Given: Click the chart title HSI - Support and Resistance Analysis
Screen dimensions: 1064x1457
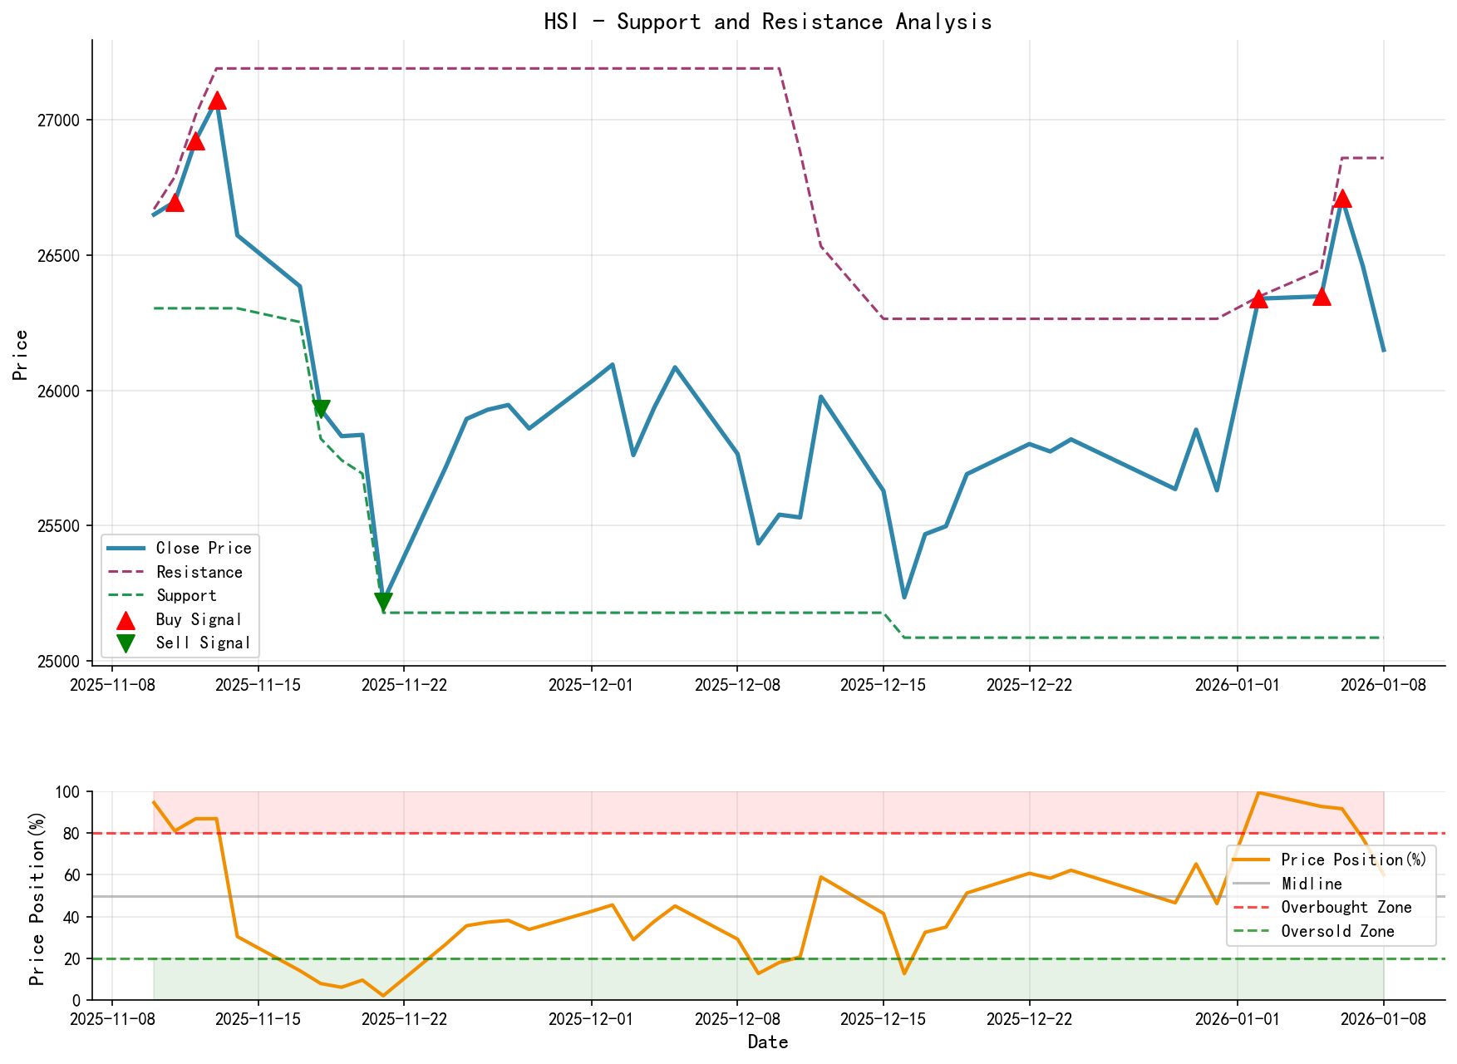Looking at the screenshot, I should (x=767, y=22).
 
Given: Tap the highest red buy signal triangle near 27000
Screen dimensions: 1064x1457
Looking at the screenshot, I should (x=217, y=101).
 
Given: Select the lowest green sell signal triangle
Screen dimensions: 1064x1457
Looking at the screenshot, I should (x=383, y=602).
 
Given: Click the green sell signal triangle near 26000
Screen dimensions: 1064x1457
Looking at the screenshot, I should (x=321, y=408).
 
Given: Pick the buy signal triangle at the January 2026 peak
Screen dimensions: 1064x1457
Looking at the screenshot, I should (x=1341, y=199).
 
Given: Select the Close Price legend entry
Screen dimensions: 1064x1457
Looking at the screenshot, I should (x=203, y=549).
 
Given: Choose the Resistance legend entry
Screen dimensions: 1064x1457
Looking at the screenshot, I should (x=199, y=573).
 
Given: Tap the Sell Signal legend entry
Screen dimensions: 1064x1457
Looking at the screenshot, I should (x=203, y=643).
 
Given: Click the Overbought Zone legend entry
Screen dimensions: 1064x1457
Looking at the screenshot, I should (x=1346, y=908).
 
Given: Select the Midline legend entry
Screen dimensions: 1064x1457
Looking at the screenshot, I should (x=1312, y=884).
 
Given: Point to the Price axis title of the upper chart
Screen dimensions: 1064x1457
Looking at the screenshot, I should (x=21, y=355).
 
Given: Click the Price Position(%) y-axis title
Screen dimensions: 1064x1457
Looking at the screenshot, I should (x=37, y=895).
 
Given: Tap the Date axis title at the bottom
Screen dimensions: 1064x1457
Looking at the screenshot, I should (x=767, y=1042).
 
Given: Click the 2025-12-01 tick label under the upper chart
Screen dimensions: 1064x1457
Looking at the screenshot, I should (x=591, y=685).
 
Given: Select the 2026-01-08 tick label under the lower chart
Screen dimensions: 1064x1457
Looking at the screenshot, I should (x=1383, y=1018).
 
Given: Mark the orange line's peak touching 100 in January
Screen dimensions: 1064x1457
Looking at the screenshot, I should (x=1258, y=793).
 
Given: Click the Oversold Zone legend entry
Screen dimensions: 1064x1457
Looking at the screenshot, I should (x=1337, y=932).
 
